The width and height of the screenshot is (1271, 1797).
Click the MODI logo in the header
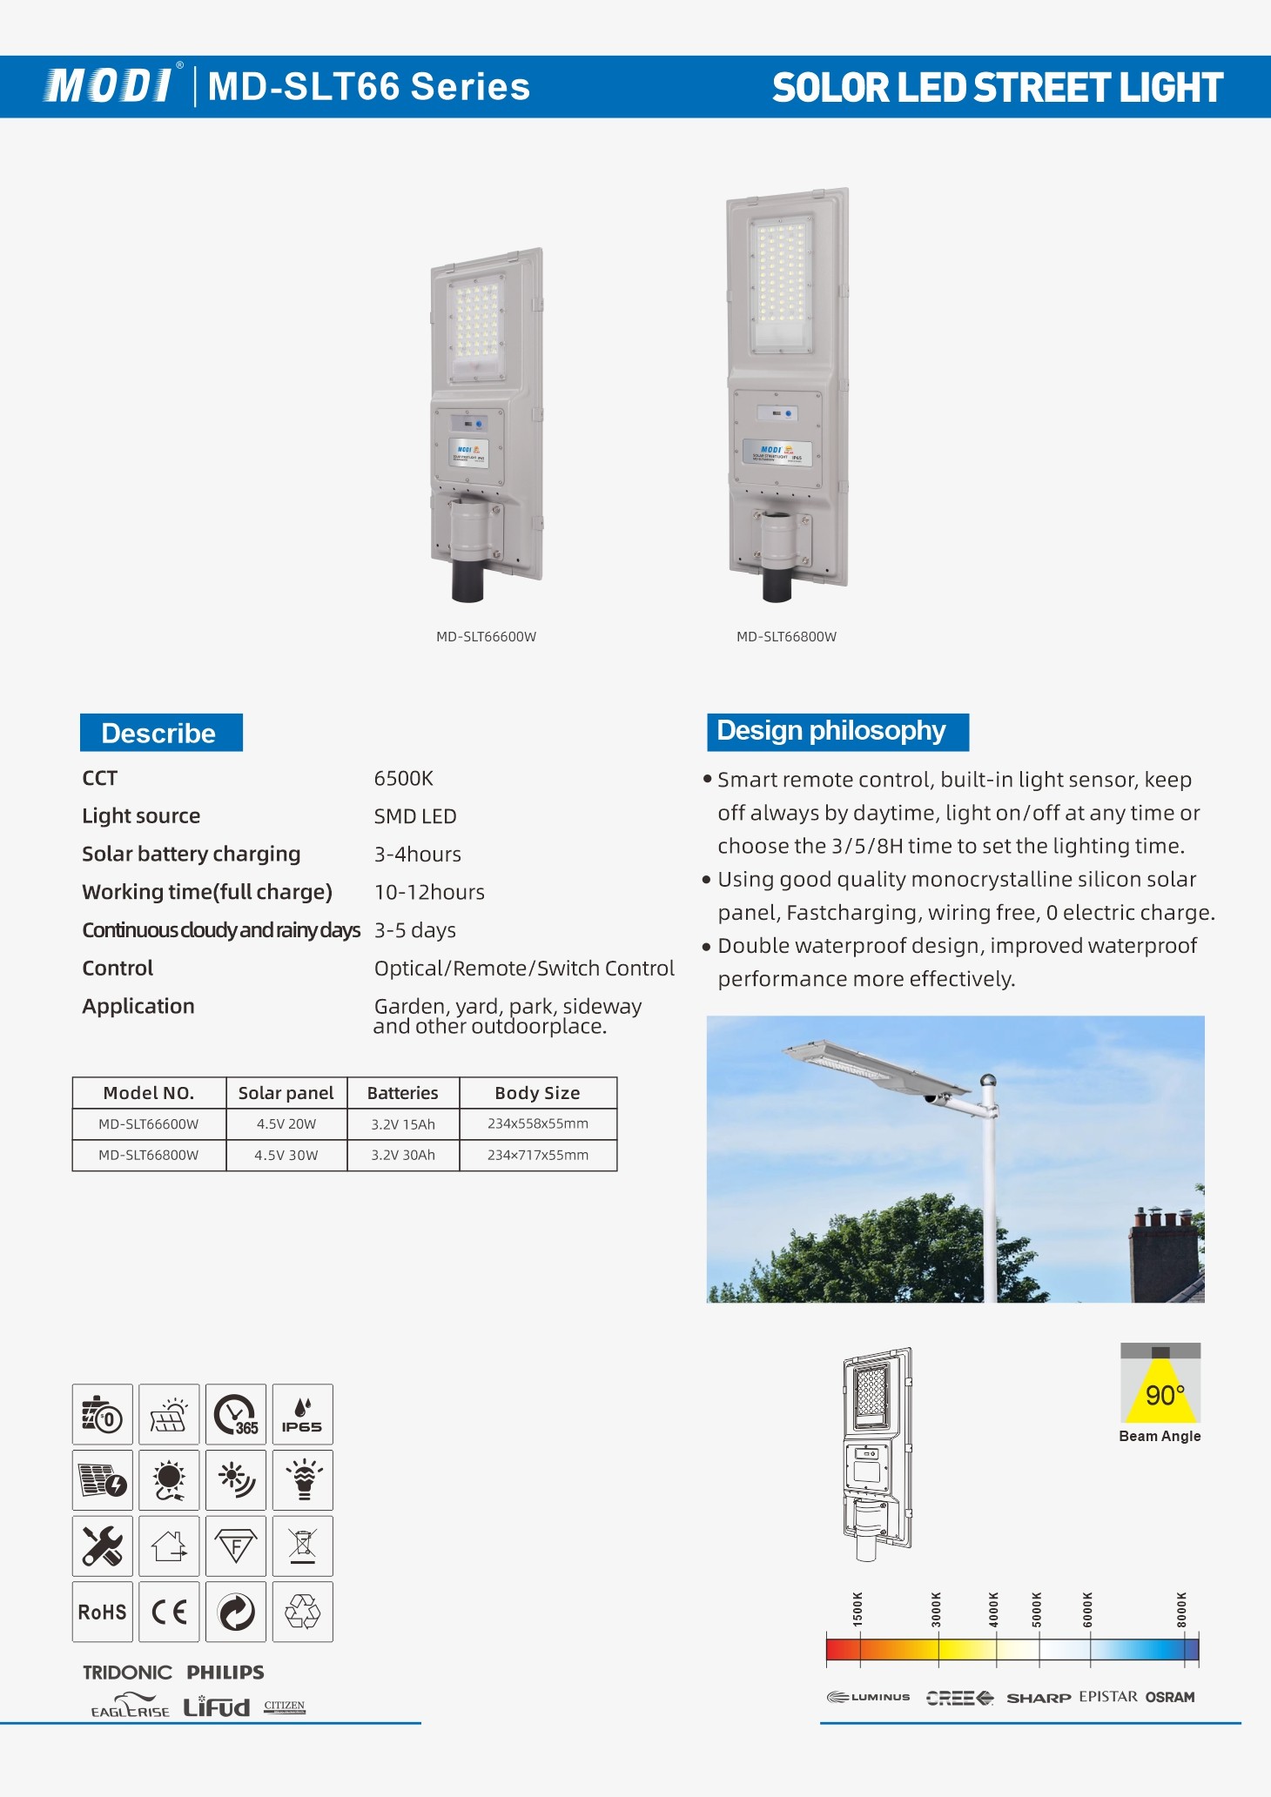[x=108, y=86]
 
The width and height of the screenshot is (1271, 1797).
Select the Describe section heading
[x=160, y=733]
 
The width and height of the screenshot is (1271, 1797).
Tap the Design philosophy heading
[x=836, y=731]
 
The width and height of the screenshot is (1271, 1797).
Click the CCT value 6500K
[x=403, y=778]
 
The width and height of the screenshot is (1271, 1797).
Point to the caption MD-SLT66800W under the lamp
[x=786, y=636]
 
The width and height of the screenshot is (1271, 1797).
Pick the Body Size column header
[x=537, y=1093]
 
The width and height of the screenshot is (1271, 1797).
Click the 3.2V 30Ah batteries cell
[x=403, y=1156]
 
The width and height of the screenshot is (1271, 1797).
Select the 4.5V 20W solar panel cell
[x=286, y=1124]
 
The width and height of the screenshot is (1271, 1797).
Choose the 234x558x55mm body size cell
[x=537, y=1123]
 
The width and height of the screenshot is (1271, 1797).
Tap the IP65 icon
[x=302, y=1414]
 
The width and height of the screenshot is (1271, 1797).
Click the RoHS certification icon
[x=103, y=1613]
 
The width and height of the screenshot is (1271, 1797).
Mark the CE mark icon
[x=169, y=1613]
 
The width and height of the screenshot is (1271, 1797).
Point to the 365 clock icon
[x=236, y=1414]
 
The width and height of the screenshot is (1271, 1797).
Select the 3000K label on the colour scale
[x=936, y=1609]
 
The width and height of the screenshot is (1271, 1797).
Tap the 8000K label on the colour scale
[x=1181, y=1609]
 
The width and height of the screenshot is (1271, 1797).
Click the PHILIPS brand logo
[x=225, y=1672]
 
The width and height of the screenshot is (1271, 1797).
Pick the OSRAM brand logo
[x=1170, y=1697]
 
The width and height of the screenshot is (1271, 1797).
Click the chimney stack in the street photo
[x=1165, y=1253]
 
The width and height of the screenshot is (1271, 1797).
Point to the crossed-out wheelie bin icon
[x=302, y=1546]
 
